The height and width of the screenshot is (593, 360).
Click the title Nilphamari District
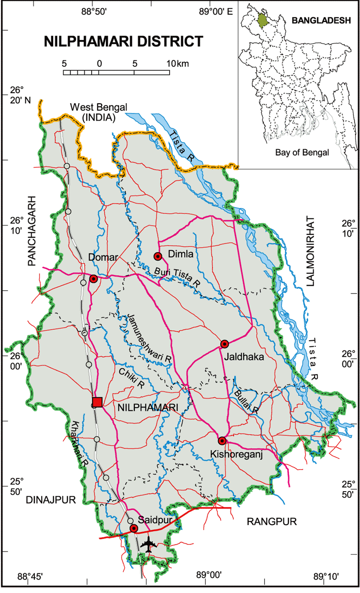pos(123,42)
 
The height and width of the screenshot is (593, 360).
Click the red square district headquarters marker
pos(97,402)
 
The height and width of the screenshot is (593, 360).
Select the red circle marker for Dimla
pos(158,256)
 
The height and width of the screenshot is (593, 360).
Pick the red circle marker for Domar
pos(94,278)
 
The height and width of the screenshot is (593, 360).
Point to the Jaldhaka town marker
pos(224,344)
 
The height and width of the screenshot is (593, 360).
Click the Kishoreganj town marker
pos(222,441)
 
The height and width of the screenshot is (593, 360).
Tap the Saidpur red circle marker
pos(134,528)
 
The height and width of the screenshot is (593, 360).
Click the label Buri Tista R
pos(177,277)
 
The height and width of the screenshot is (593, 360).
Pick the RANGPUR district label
pos(272,521)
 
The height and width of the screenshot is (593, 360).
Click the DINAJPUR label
pos(50,499)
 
